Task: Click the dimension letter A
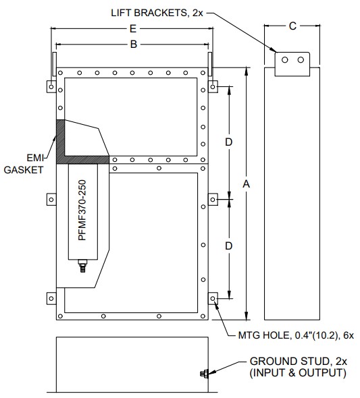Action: tap(246, 183)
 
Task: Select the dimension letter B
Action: tap(134, 45)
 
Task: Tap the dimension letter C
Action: tap(292, 26)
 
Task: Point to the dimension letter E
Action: tap(133, 29)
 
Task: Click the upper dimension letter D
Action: tap(229, 142)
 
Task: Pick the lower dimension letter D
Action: tap(229, 246)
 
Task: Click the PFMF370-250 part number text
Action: tap(82, 210)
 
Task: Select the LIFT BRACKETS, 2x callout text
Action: tap(157, 13)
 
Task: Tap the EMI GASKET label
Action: tap(24, 164)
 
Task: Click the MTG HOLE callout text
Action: tap(296, 335)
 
